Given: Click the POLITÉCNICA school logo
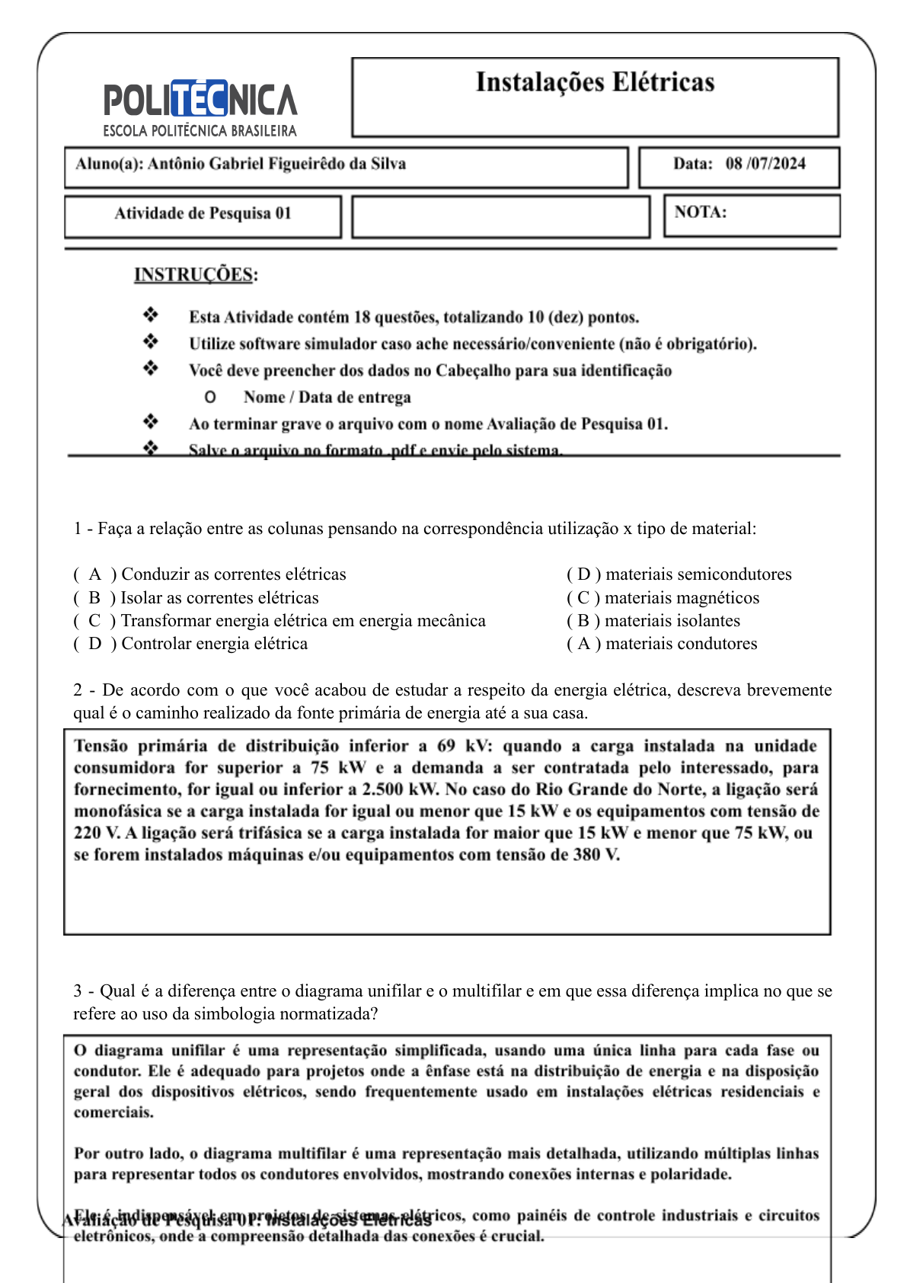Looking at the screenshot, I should [x=200, y=107].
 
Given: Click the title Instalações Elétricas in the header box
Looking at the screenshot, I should [x=595, y=82].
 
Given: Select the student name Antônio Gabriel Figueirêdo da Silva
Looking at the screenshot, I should [x=276, y=164].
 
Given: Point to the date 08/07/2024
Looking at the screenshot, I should [x=765, y=164].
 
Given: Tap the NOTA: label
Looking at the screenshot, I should [x=700, y=213].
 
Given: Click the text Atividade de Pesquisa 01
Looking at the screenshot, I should [x=203, y=213].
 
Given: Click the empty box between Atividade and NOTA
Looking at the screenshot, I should [x=500, y=217].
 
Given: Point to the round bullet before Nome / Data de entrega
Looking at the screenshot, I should [x=210, y=397].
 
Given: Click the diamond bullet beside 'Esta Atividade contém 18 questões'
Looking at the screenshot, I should [x=151, y=315].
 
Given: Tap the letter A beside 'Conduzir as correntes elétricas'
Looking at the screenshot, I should [x=94, y=574].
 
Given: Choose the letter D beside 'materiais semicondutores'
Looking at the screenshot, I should [x=584, y=574].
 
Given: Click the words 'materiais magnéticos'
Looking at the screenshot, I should [x=682, y=598].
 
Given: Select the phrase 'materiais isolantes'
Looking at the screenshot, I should [x=672, y=621].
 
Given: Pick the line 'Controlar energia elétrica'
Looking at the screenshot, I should [x=215, y=644].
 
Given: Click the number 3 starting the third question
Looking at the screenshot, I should [x=78, y=991].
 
